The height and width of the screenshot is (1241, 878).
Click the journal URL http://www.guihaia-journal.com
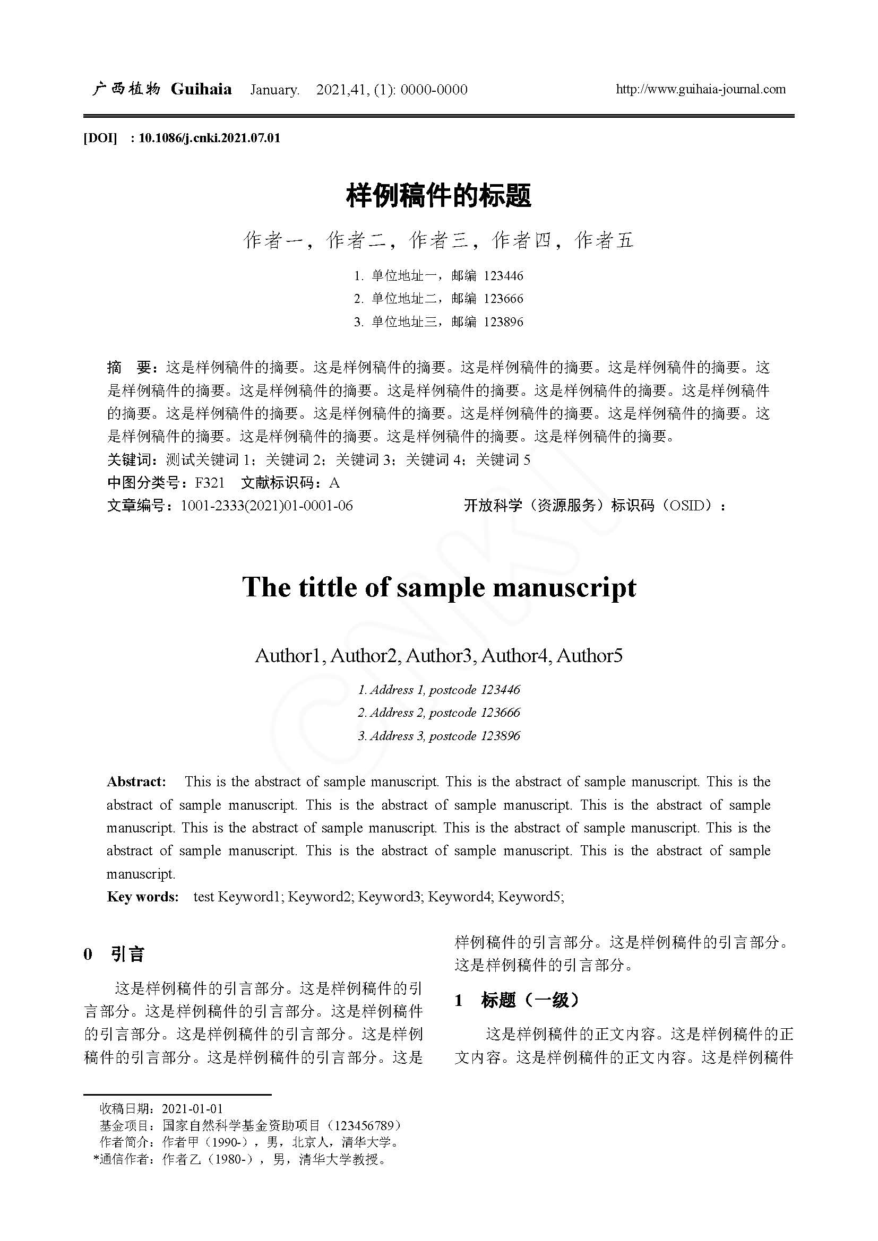point(701,89)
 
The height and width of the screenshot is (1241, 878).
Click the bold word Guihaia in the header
point(201,89)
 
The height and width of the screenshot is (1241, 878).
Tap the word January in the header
point(274,90)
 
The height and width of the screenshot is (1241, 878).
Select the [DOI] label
point(100,138)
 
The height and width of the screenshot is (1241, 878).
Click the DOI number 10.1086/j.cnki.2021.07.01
point(209,138)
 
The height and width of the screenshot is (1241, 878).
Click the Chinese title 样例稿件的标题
point(438,196)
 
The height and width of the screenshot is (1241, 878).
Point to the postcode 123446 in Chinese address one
point(503,276)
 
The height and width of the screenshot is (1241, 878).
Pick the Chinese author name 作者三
point(439,240)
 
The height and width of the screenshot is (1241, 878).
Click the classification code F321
point(209,483)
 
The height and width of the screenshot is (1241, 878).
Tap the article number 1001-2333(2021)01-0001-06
point(266,506)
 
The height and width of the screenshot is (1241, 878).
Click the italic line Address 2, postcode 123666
point(439,713)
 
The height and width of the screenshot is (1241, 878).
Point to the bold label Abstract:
point(136,782)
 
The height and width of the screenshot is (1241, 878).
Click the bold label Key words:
point(143,897)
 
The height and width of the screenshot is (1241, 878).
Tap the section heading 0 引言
point(114,954)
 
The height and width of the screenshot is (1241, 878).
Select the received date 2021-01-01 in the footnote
point(193,1109)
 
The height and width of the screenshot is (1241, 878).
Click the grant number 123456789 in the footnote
point(367,1125)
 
